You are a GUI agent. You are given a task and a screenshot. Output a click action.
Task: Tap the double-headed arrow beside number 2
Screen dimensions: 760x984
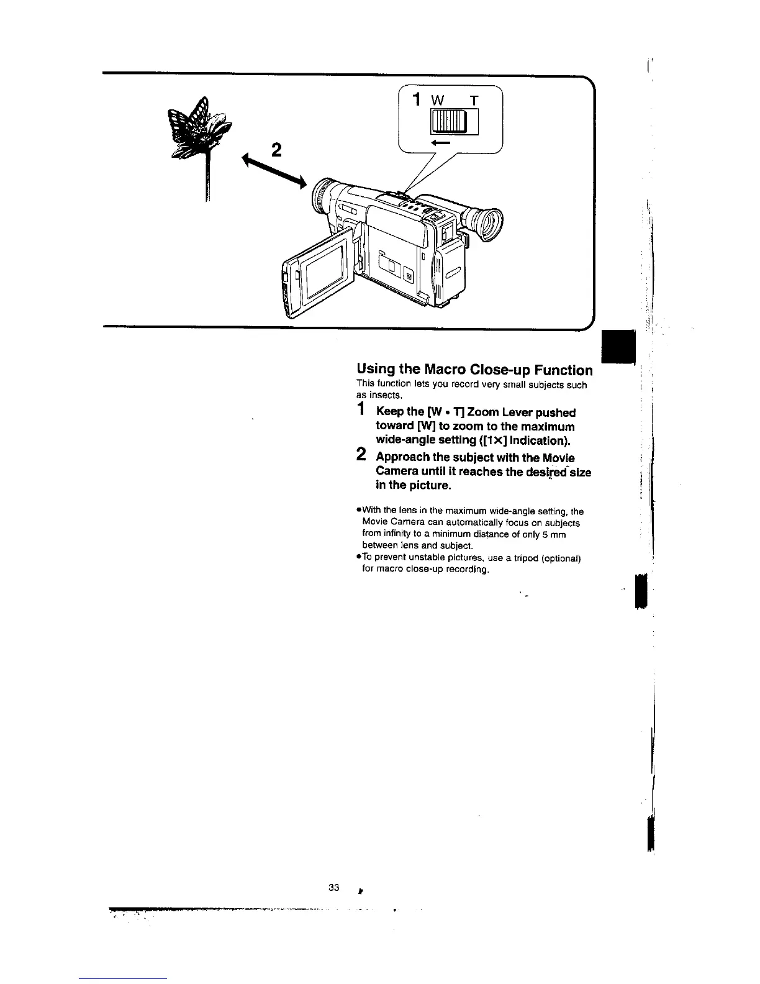coord(273,171)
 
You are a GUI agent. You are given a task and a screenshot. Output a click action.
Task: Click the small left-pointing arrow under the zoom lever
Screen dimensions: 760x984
coord(440,143)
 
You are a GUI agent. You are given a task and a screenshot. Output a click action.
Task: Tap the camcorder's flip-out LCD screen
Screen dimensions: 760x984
coord(323,271)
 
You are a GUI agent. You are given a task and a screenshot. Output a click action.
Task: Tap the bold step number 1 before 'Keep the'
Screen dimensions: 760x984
coord(361,410)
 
